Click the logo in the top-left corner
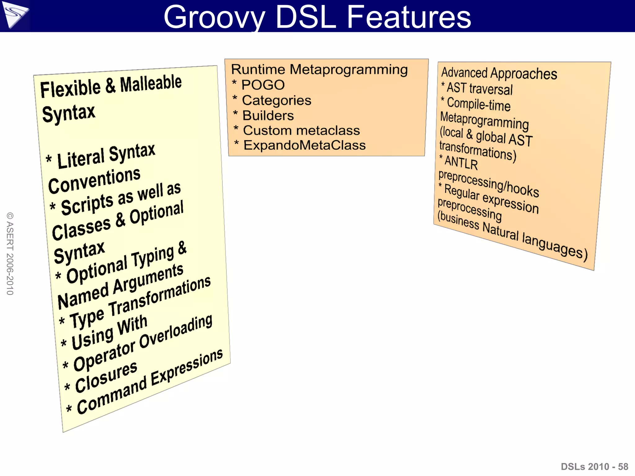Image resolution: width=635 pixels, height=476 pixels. coord(15,15)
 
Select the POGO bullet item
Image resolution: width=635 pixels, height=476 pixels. coord(263,85)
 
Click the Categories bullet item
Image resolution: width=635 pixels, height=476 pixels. coord(276,100)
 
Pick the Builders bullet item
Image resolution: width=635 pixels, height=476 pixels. coord(268,116)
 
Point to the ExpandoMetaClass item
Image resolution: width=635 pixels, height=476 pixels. coord(304,145)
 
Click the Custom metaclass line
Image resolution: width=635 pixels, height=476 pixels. coord(301,130)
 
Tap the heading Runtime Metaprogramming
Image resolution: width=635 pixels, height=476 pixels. coord(319,69)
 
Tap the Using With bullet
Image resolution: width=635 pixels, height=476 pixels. coord(109,332)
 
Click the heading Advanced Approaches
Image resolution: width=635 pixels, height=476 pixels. coord(499,73)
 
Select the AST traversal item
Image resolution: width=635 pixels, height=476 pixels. coord(479,89)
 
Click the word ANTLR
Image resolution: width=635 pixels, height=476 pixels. coord(461,163)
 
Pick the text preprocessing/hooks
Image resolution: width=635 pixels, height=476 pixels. coord(489,183)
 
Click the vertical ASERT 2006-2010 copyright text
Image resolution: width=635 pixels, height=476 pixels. coord(10,253)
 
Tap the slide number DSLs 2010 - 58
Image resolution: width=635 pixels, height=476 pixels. coord(594,466)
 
